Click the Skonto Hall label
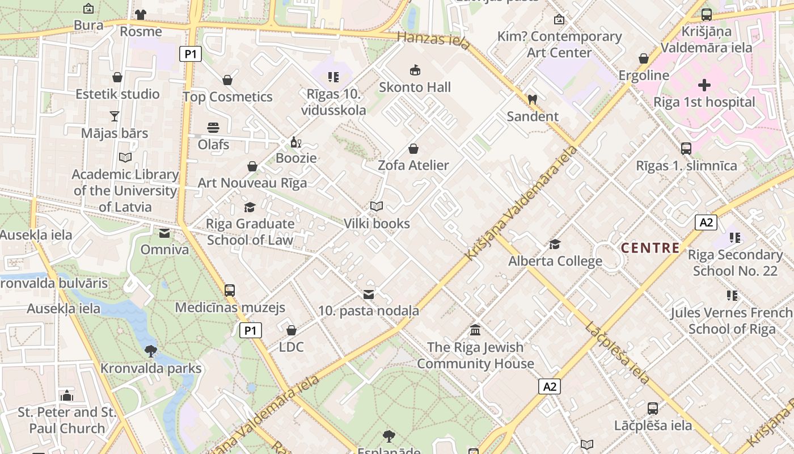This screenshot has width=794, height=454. pyautogui.click(x=415, y=87)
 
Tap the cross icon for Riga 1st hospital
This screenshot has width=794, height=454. pyautogui.click(x=704, y=85)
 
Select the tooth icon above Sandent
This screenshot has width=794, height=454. pyautogui.click(x=532, y=99)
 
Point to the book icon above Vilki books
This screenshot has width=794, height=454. pyautogui.click(x=377, y=206)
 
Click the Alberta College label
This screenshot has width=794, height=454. pyautogui.click(x=555, y=261)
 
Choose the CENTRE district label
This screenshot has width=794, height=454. pyautogui.click(x=650, y=247)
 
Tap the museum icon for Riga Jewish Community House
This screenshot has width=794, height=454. pyautogui.click(x=475, y=330)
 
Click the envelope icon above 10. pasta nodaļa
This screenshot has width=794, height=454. pyautogui.click(x=369, y=294)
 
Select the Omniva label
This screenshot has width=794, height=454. pyautogui.click(x=164, y=250)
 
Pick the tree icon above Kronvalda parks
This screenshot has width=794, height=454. pyautogui.click(x=151, y=351)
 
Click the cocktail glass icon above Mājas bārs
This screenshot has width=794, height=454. pyautogui.click(x=115, y=116)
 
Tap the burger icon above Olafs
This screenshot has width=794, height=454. pyautogui.click(x=213, y=127)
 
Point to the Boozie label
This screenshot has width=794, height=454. pyautogui.click(x=296, y=158)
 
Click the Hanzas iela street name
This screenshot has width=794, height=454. pyautogui.click(x=433, y=40)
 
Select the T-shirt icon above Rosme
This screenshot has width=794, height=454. pyautogui.click(x=141, y=14)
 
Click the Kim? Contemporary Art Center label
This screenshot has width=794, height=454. pyautogui.click(x=559, y=44)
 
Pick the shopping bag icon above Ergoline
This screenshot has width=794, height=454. pyautogui.click(x=644, y=58)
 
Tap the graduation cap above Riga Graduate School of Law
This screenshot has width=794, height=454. pyautogui.click(x=250, y=207)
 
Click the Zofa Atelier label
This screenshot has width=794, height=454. pyautogui.click(x=413, y=165)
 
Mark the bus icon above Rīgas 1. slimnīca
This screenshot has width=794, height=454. pyautogui.click(x=686, y=148)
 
